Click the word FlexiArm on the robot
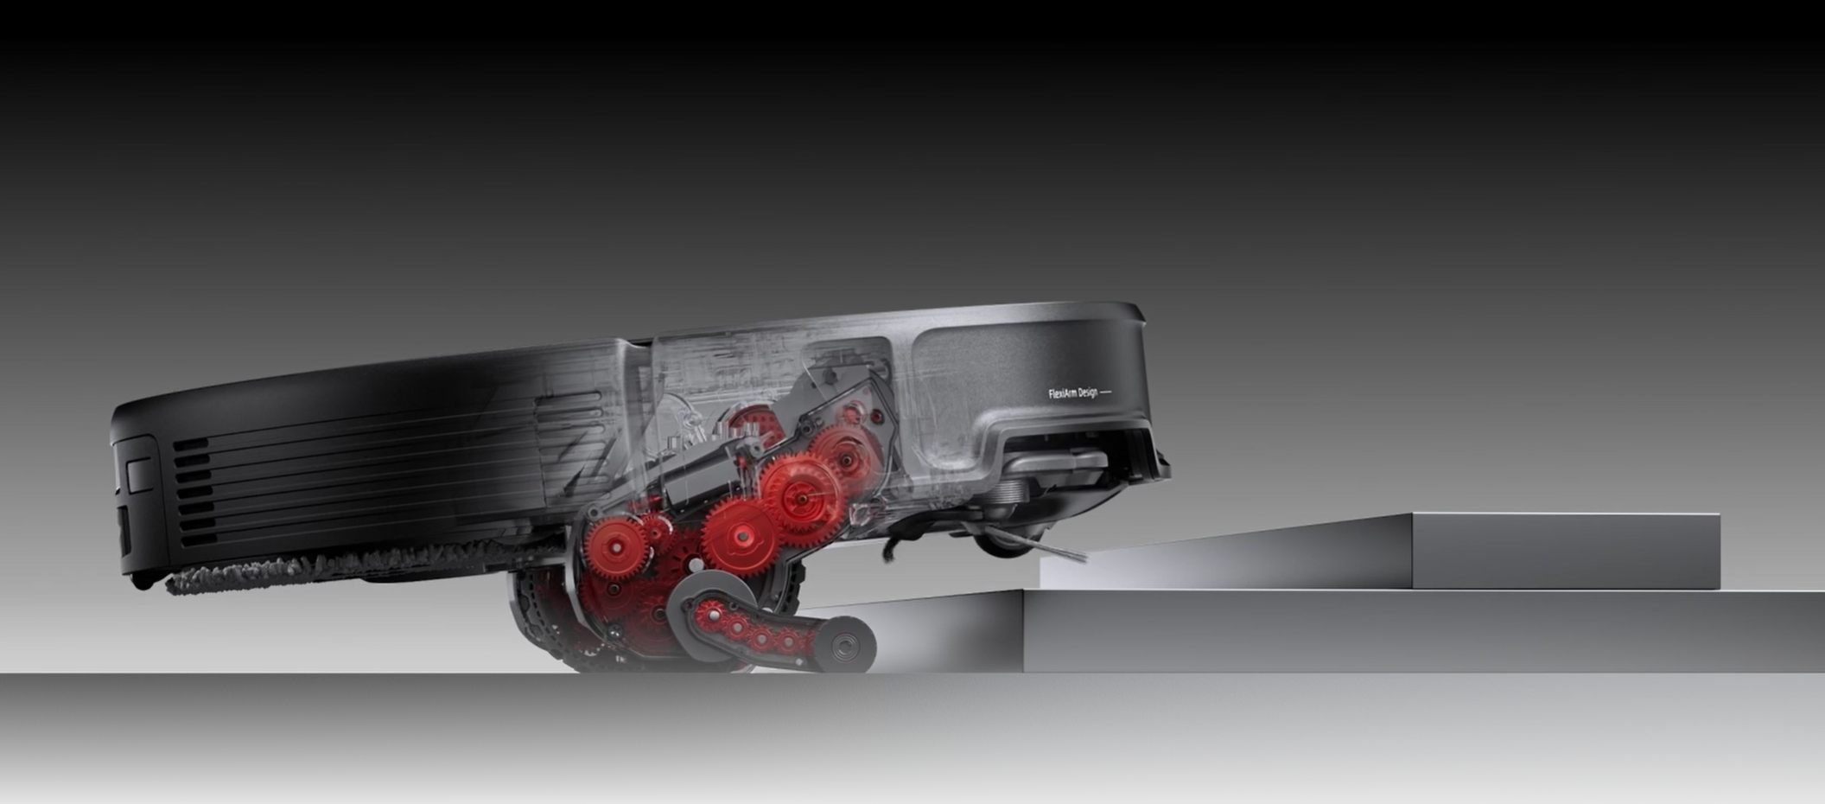pos(1062,394)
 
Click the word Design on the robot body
pos(1088,393)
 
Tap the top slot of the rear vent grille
pos(192,444)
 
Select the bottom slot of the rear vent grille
pos(198,539)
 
